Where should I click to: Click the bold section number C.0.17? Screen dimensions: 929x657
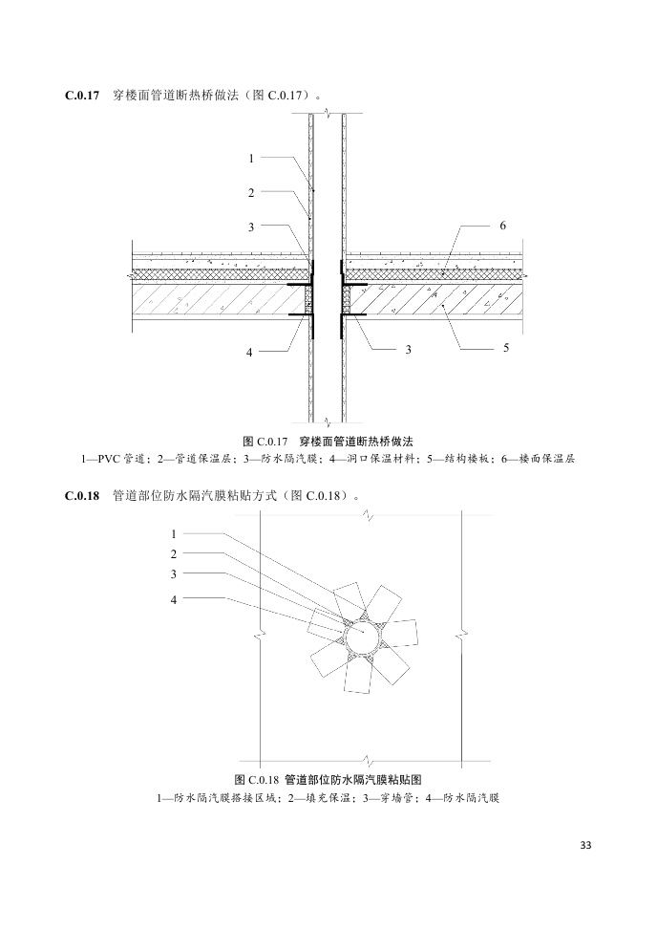82,96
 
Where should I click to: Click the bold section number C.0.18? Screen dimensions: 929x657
82,496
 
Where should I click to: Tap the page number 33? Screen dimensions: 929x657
585,845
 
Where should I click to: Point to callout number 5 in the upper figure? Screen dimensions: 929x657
505,350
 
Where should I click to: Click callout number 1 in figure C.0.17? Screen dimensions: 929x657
251,158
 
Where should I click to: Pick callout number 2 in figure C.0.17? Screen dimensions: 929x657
251,192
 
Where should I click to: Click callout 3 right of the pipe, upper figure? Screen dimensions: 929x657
408,350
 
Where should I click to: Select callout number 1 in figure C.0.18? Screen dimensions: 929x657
174,533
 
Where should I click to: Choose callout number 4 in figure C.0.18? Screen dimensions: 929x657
174,599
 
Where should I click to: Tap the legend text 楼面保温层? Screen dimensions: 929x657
545,459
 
